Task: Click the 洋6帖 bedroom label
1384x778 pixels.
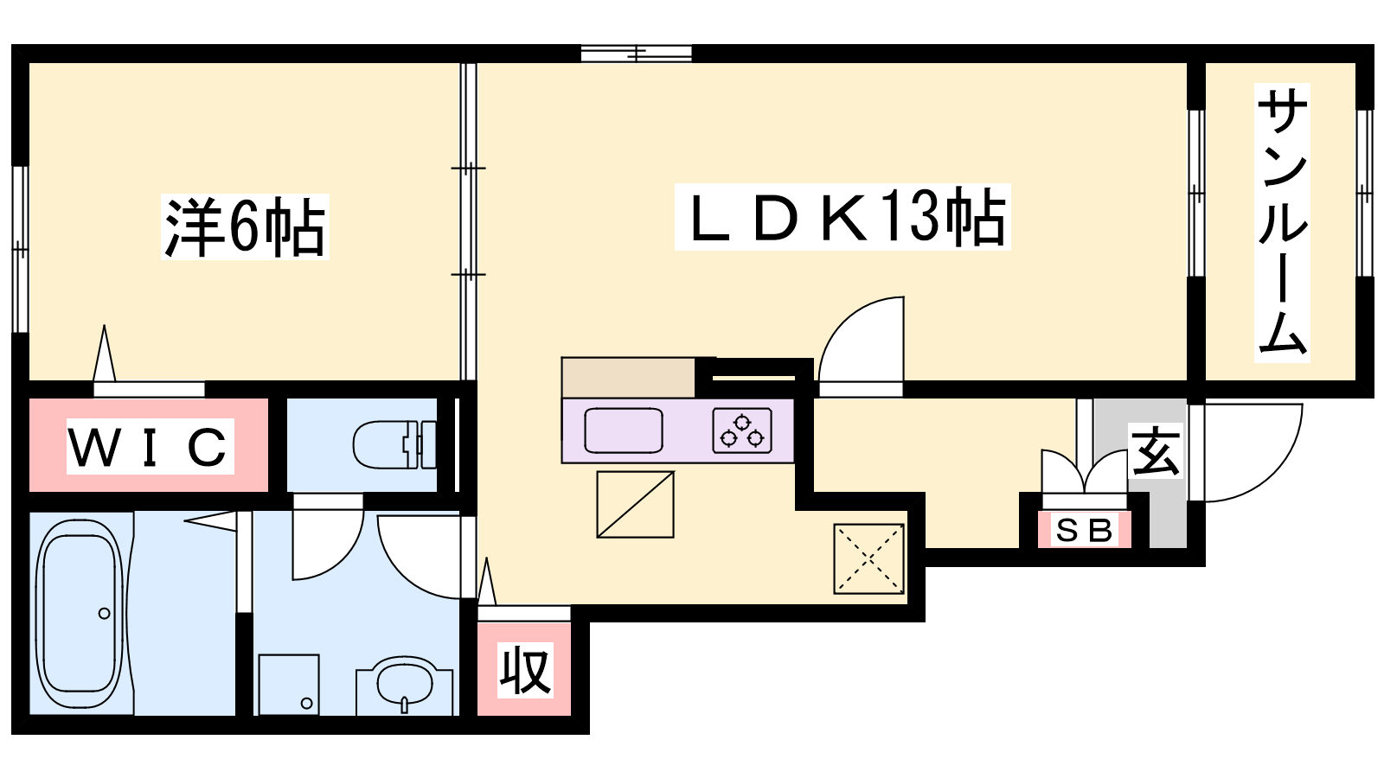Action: (x=245, y=226)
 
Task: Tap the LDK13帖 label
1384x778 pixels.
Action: (x=843, y=217)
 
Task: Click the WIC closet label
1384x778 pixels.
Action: (x=151, y=446)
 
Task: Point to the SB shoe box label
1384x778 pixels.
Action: (x=1085, y=530)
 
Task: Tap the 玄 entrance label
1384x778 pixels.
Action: (x=1156, y=450)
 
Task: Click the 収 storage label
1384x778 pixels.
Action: (x=525, y=670)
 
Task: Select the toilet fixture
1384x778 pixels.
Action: (x=394, y=444)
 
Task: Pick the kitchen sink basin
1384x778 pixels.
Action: (x=624, y=430)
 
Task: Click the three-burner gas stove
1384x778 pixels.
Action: (x=742, y=430)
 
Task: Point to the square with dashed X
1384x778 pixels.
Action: (x=868, y=558)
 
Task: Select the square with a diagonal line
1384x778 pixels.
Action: (x=635, y=505)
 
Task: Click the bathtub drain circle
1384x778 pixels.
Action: (x=105, y=613)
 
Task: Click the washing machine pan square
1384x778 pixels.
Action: (x=289, y=685)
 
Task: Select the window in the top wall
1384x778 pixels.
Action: (x=637, y=54)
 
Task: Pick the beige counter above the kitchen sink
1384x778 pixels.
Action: (x=628, y=377)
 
